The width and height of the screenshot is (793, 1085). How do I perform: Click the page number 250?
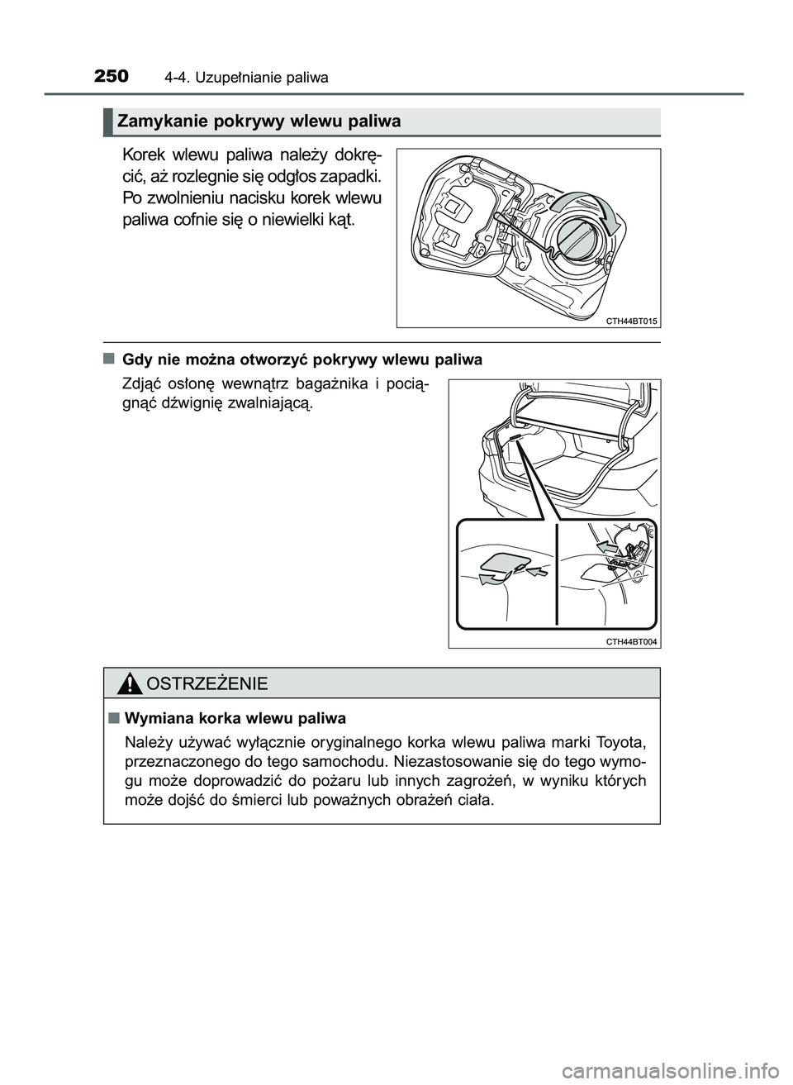(112, 77)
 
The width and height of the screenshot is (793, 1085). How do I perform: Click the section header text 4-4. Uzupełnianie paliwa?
(246, 79)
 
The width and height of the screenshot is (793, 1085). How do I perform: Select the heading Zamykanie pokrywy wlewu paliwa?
(259, 122)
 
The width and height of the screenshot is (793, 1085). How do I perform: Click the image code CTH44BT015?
(632, 321)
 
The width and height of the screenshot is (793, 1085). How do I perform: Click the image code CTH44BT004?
(632, 641)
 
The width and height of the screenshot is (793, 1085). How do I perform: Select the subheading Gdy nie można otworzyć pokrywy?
(302, 360)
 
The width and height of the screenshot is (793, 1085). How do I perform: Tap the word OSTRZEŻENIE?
(205, 684)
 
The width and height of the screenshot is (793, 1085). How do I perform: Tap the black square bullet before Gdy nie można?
(109, 359)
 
